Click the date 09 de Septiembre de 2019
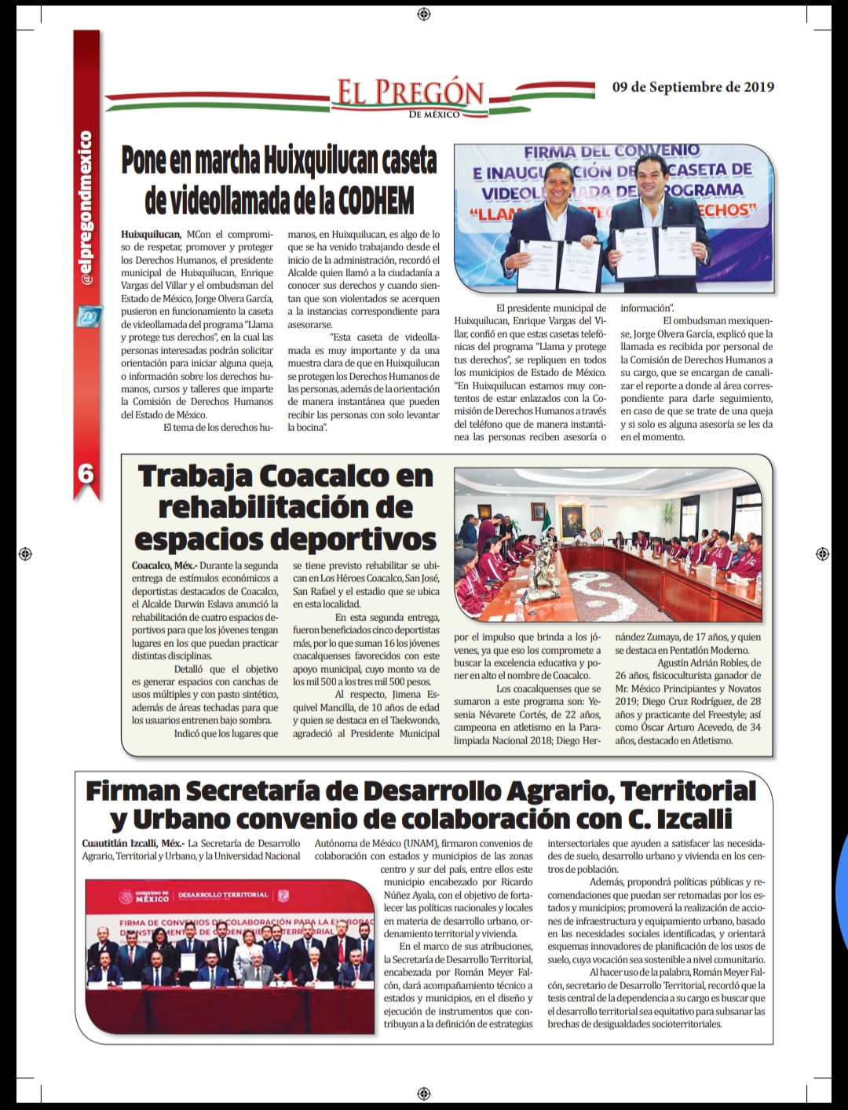693,87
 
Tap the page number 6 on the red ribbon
86,473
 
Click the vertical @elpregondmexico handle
86,209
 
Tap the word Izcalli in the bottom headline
694,819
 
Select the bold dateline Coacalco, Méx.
163,565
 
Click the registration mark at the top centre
424,14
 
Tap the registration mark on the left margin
24,553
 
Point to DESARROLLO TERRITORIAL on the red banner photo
223,895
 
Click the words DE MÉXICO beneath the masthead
434,115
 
